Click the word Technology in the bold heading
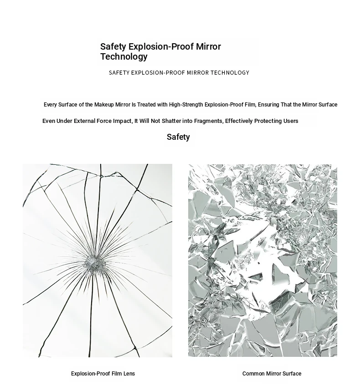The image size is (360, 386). coord(124,57)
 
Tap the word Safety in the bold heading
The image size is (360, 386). coord(113,46)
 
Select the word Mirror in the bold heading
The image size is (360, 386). coord(208,46)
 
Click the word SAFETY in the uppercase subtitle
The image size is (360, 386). coord(119,72)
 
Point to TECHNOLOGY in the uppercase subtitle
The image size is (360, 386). coord(230,72)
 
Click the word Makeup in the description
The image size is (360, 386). coord(104,105)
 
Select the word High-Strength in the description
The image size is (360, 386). coord(186,105)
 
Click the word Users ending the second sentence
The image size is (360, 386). coord(290,121)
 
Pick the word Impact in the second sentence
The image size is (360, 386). coord(123,121)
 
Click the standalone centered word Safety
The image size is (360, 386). coord(178,137)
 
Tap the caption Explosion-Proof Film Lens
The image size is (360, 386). coord(103,374)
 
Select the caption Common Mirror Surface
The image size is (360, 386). coord(272,374)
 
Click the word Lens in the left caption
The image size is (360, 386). coord(129,374)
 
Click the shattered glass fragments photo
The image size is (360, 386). coord(262,260)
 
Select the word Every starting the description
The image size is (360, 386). coord(51,105)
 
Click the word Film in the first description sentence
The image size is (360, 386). coord(250,105)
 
